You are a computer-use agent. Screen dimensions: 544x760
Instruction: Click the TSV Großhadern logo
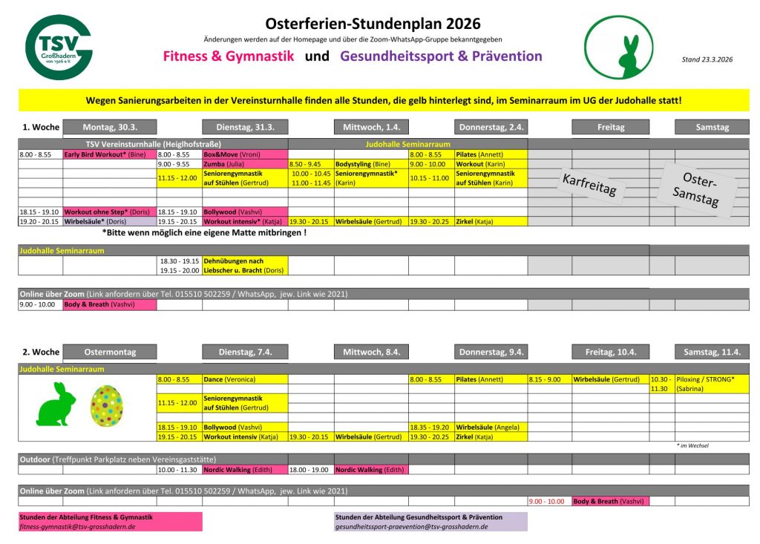pos(59,47)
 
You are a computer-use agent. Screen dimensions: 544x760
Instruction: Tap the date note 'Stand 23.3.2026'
pos(707,59)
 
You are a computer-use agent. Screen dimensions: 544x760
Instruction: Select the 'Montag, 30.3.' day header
pos(110,127)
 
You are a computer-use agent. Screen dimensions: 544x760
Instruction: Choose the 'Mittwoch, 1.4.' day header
pos(371,127)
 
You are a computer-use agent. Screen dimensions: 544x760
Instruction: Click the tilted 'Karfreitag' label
pos(589,183)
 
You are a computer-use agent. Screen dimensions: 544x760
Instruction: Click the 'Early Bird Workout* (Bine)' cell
pos(109,154)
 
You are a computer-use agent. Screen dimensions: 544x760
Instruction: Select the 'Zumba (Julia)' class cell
pos(245,164)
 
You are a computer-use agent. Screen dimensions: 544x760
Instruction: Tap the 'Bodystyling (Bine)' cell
pos(371,164)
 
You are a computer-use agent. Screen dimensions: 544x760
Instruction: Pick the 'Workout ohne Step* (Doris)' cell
pos(109,212)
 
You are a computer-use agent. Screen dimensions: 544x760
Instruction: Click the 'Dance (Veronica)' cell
pos(245,379)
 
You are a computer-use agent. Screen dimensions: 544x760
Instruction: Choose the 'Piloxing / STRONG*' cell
pos(711,379)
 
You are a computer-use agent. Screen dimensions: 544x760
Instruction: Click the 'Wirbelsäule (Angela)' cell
pos(491,427)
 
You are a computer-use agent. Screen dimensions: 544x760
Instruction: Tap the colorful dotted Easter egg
pos(106,405)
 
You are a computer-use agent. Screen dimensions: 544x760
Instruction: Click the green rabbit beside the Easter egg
pos(57,405)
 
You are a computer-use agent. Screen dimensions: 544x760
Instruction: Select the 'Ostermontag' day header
pos(110,352)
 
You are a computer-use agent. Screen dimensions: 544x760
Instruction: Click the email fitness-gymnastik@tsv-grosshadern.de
pos(77,526)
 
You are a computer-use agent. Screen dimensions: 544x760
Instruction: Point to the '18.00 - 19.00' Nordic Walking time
pos(310,470)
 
